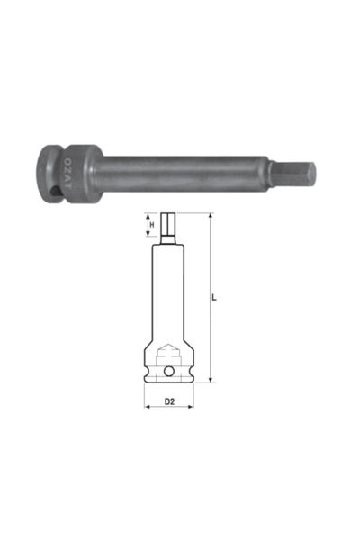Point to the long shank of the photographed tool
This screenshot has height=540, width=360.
189,168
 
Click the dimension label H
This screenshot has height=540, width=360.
152,224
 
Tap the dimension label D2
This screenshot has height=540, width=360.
168,400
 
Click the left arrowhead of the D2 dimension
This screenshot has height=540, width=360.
146,407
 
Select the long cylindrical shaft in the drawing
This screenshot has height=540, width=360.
168,288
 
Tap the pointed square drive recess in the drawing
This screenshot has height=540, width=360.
168,352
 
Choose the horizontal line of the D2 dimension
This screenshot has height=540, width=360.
168,407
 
